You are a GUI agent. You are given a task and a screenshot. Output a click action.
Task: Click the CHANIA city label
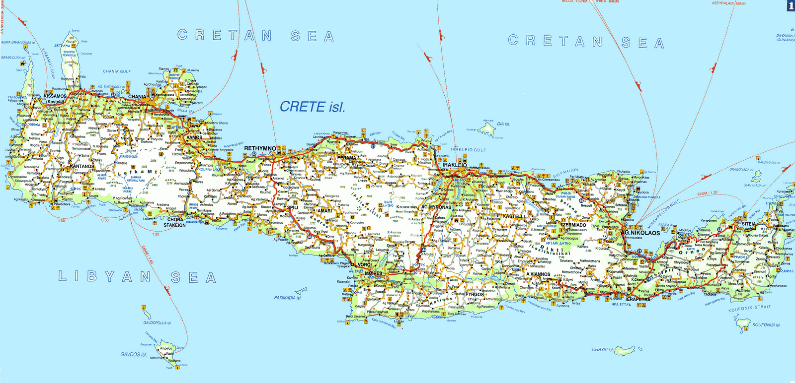click(137, 97)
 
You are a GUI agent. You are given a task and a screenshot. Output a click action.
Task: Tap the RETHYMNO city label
click(260, 148)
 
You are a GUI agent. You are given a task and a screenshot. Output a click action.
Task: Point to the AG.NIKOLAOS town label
click(640, 233)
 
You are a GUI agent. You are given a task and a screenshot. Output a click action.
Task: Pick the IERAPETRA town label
click(637, 300)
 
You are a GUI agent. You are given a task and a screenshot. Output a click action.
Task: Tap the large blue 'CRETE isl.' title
click(312, 107)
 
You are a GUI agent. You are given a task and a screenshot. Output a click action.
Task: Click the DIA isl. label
click(503, 124)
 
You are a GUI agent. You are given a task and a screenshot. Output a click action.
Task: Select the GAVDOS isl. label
click(134, 355)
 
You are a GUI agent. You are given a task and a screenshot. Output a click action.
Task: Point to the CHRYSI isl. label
click(602, 349)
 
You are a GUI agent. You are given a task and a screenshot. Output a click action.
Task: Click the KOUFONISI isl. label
click(766, 325)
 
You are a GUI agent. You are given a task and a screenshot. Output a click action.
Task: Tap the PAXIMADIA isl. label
click(288, 298)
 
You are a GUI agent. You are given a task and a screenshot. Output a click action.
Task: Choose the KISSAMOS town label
click(55, 96)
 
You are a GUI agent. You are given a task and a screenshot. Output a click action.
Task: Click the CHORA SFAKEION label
click(175, 222)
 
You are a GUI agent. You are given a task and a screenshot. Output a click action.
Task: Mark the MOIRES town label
click(374, 274)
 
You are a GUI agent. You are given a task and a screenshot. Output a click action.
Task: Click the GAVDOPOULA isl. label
click(157, 323)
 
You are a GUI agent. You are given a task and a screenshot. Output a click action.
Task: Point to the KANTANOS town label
click(82, 166)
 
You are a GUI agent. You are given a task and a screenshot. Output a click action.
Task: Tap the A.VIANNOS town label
click(538, 274)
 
